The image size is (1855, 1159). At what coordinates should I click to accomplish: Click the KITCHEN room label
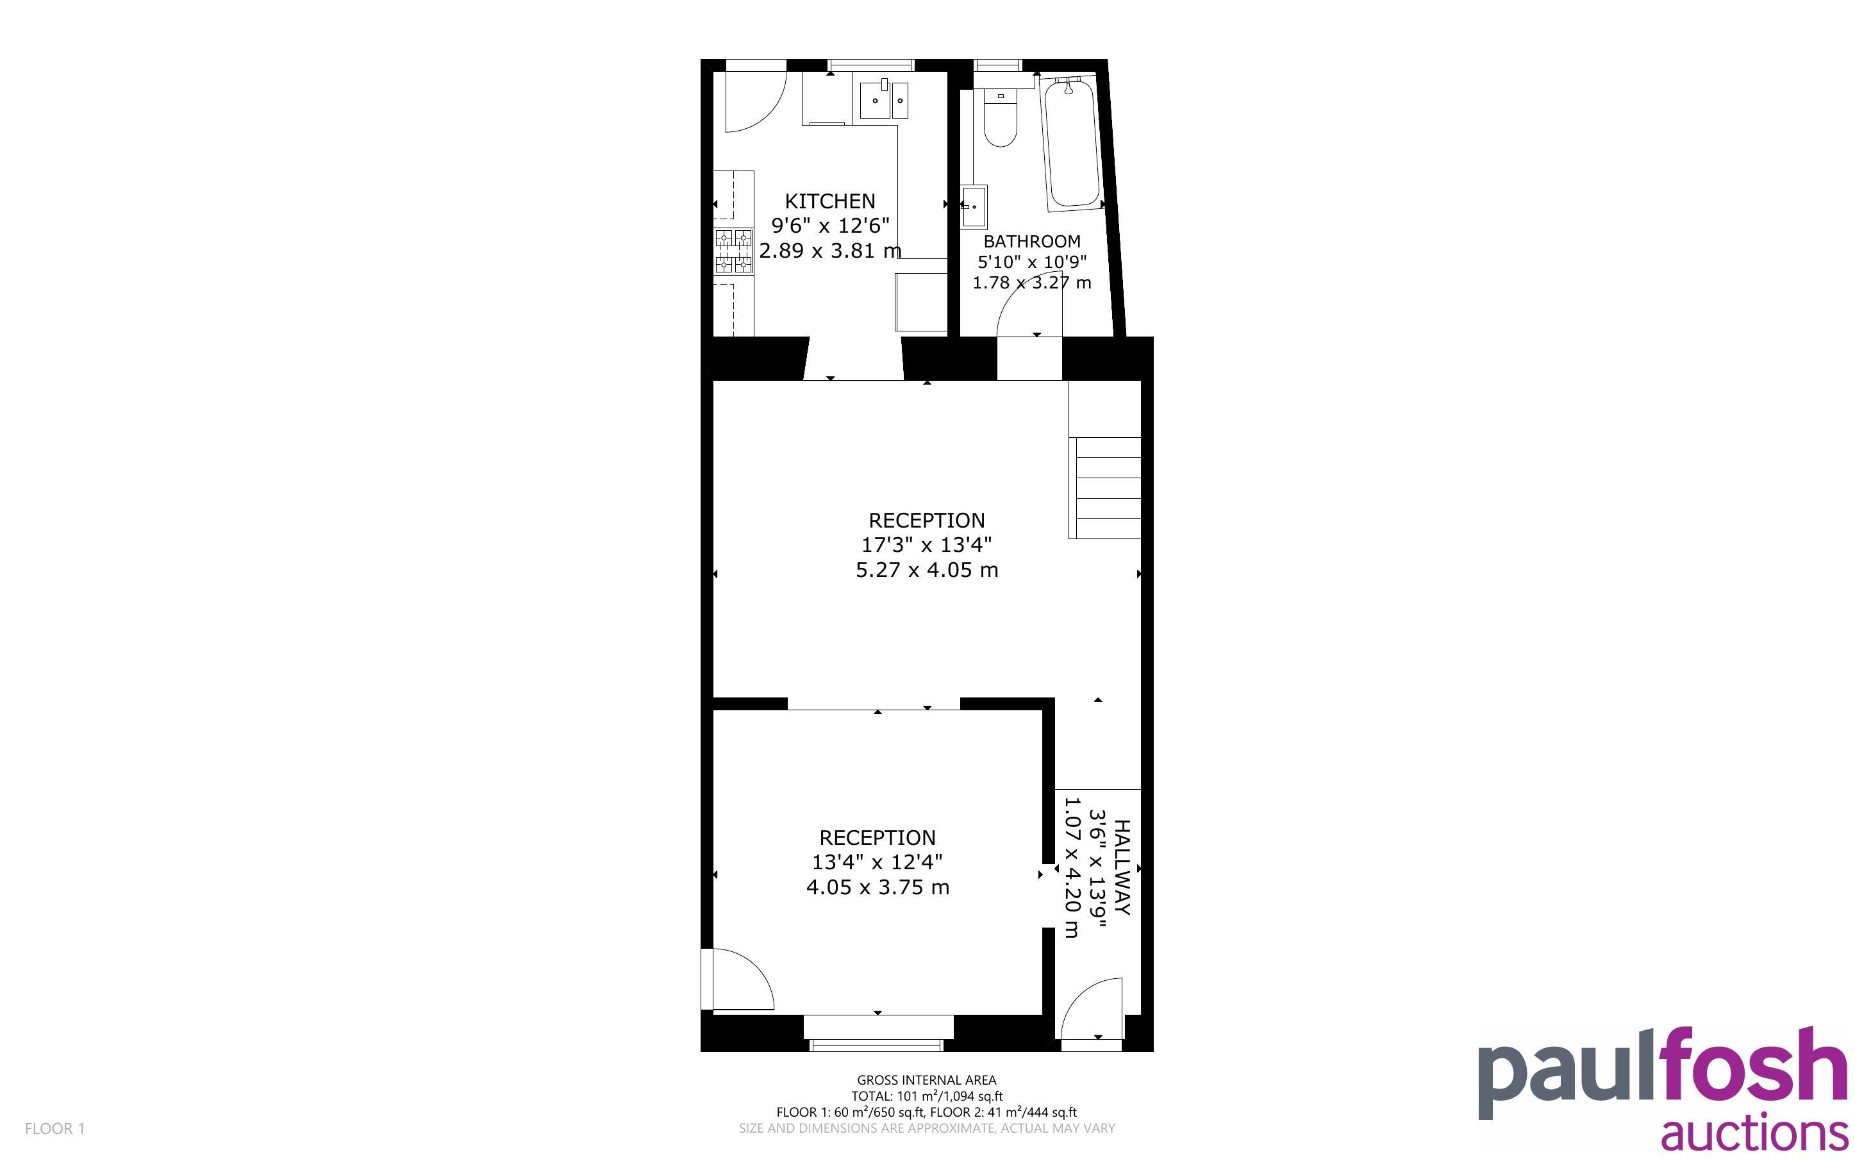point(830,201)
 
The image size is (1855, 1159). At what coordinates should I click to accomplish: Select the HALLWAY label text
point(1121,867)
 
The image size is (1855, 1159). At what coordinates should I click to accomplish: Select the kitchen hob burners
point(733,251)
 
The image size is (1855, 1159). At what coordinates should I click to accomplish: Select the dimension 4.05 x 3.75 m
point(878,888)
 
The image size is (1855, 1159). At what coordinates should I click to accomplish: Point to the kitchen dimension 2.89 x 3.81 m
point(830,251)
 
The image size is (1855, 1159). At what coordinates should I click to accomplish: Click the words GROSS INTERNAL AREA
point(926,1080)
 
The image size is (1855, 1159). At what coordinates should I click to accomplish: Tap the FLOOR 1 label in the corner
point(54,1128)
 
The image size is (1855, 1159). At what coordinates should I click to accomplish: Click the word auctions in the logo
point(1754,1134)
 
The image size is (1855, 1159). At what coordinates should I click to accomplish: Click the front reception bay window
point(878,1033)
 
